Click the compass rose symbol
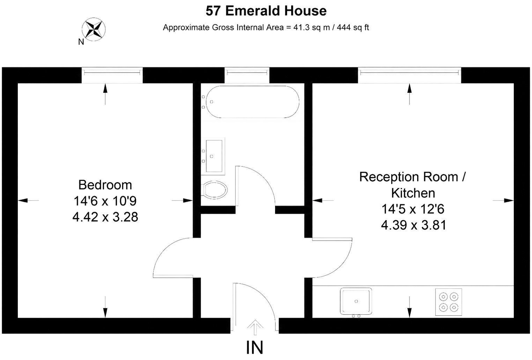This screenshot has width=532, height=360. coord(94,29)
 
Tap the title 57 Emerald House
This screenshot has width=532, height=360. coord(266,11)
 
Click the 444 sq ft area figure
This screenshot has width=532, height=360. coord(353,28)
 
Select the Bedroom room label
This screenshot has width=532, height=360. coord(105,185)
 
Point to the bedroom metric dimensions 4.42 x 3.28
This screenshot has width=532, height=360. coord(105,217)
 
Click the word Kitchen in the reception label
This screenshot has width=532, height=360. coord(413,193)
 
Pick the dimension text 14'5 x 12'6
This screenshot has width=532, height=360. coord(413,209)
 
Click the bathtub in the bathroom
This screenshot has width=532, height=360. coord(252,102)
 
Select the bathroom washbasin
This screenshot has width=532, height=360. coord(213,156)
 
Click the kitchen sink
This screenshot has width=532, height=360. coord(356,301)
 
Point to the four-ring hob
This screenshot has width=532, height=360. coord(449,302)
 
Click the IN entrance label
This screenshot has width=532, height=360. coord(254,347)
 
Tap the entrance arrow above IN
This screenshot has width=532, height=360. coord(255,328)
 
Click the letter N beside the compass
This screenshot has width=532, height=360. coord(81,42)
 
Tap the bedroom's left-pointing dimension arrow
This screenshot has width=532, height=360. coord(28,201)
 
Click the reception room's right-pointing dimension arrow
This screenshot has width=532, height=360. coord(503,201)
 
